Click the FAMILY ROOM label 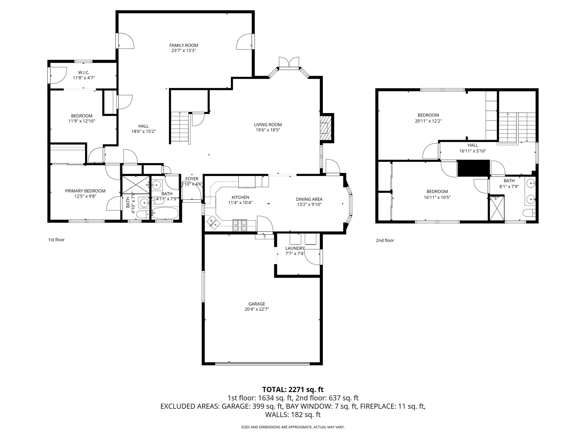(x=183, y=45)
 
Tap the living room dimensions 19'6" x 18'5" (x=268, y=130)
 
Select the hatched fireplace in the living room (x=325, y=128)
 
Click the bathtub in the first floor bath (x=165, y=213)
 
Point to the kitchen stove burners (x=239, y=226)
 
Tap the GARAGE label (x=257, y=304)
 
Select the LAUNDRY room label (x=295, y=248)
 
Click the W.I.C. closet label (x=84, y=73)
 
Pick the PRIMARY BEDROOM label (x=85, y=191)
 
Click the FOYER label (x=192, y=179)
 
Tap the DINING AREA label (x=309, y=199)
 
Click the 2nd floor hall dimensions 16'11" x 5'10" (x=473, y=151)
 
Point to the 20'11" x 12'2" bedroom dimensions (x=428, y=121)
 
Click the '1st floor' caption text (x=56, y=240)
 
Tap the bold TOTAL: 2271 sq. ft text (x=293, y=389)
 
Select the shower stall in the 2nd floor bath (x=497, y=208)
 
